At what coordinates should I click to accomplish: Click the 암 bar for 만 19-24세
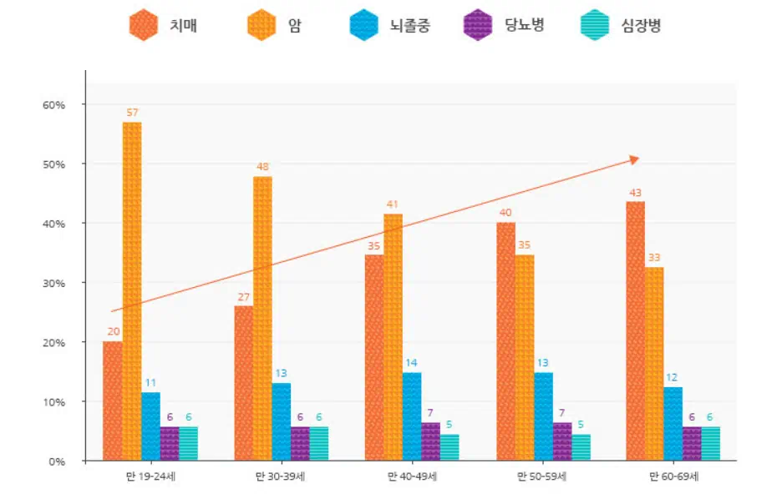pos(132,291)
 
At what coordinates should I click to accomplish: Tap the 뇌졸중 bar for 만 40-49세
pos(412,416)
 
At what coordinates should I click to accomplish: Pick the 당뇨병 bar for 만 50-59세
pos(562,441)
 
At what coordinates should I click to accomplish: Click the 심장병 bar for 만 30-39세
pos(319,444)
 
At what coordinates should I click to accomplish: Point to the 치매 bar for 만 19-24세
pos(113,401)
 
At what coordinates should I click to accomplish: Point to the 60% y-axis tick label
pos(53,104)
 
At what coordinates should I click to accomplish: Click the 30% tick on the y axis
pos(53,283)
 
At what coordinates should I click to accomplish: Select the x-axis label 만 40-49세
pos(412,476)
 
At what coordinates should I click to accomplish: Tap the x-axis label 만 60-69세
pos(673,476)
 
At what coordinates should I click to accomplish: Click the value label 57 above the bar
pos(132,112)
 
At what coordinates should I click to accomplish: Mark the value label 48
pos(262,166)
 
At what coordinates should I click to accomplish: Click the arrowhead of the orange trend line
pos(634,159)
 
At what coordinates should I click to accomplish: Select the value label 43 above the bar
pos(635,192)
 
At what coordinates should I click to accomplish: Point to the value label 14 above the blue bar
pos(412,363)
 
